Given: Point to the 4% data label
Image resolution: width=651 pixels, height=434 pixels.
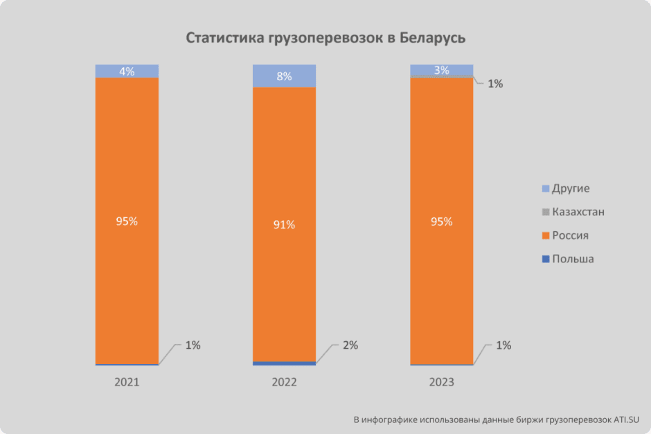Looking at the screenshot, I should tap(127, 71).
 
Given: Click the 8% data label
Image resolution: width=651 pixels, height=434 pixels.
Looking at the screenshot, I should tap(285, 76).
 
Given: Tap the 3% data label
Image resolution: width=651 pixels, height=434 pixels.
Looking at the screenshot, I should tap(442, 70).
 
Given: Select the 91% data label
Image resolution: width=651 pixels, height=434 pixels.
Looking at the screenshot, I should tap(285, 224).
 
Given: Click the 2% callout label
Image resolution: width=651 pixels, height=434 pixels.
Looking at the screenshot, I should tap(350, 345).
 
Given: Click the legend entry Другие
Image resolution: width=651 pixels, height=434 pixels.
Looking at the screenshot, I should tap(571, 188).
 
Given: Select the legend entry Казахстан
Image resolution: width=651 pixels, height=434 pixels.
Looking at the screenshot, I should tap(578, 212).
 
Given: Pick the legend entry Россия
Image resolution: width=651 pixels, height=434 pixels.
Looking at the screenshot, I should tap(570, 235).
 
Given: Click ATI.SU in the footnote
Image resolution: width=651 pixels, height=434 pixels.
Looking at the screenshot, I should tap(625, 419).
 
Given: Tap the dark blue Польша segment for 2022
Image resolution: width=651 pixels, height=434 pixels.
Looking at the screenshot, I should tap(285, 363).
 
